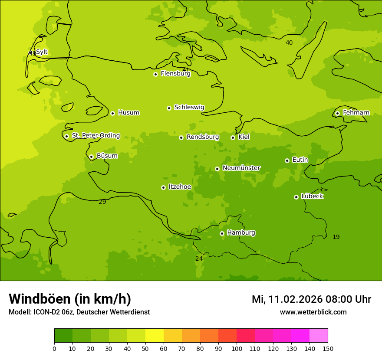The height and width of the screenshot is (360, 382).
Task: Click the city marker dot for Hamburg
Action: (222, 233)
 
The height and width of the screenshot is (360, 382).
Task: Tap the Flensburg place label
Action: (175, 74)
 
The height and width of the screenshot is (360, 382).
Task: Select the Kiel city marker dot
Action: (233, 137)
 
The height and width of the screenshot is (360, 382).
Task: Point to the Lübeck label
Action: (312, 196)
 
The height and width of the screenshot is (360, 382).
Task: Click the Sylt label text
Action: (42, 52)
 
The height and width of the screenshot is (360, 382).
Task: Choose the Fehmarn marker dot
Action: (337, 113)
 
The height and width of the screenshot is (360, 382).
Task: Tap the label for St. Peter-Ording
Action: (96, 136)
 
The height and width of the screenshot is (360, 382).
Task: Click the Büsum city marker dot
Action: (91, 157)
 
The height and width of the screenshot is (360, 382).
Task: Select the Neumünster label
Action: (241, 168)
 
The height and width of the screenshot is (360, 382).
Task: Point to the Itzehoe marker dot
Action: (163, 187)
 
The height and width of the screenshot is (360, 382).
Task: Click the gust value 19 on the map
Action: (336, 237)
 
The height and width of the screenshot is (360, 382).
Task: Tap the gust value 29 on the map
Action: (102, 202)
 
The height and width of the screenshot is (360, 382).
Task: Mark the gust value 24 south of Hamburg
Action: (199, 259)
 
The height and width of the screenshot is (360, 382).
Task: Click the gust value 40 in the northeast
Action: (289, 43)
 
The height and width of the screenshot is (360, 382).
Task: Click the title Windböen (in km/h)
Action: (70, 299)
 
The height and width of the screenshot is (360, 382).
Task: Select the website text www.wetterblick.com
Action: (313, 312)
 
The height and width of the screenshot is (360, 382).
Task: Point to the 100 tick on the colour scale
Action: (237, 348)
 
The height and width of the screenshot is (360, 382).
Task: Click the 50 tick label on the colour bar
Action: (145, 348)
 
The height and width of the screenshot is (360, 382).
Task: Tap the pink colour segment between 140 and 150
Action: (319, 336)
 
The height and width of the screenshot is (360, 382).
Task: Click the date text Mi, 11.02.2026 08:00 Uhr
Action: (311, 299)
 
